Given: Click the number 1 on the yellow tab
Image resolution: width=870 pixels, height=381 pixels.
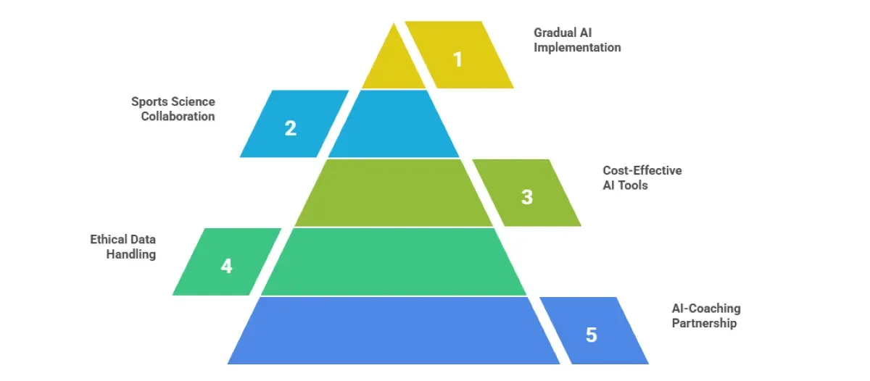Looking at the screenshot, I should (457, 59).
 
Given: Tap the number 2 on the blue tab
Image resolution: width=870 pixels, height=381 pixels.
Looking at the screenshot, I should (290, 128).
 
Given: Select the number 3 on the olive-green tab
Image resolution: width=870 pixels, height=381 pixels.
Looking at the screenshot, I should (527, 196).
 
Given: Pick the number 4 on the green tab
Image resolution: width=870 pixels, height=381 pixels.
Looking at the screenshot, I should (226, 266).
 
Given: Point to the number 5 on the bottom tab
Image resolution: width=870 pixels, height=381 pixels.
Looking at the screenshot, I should (592, 335).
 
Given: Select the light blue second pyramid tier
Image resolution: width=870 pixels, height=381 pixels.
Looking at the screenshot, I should (394, 125).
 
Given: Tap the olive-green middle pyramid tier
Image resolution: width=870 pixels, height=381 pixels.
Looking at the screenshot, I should (394, 193).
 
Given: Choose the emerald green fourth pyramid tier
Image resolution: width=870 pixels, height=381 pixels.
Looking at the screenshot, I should (394, 262).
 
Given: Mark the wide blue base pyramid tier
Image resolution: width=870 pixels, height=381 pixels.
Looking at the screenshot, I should (394, 331).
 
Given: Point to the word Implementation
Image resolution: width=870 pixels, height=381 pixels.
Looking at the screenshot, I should (577, 47).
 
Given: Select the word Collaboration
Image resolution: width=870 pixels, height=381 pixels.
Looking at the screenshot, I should (178, 116).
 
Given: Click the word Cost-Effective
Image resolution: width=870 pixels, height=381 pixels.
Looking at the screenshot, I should (642, 171).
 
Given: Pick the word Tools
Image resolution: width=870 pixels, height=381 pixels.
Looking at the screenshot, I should (633, 185).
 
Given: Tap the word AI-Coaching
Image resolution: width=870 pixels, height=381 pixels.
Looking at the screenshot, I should (706, 309).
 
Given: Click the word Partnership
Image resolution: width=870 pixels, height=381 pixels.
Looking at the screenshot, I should (704, 323).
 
